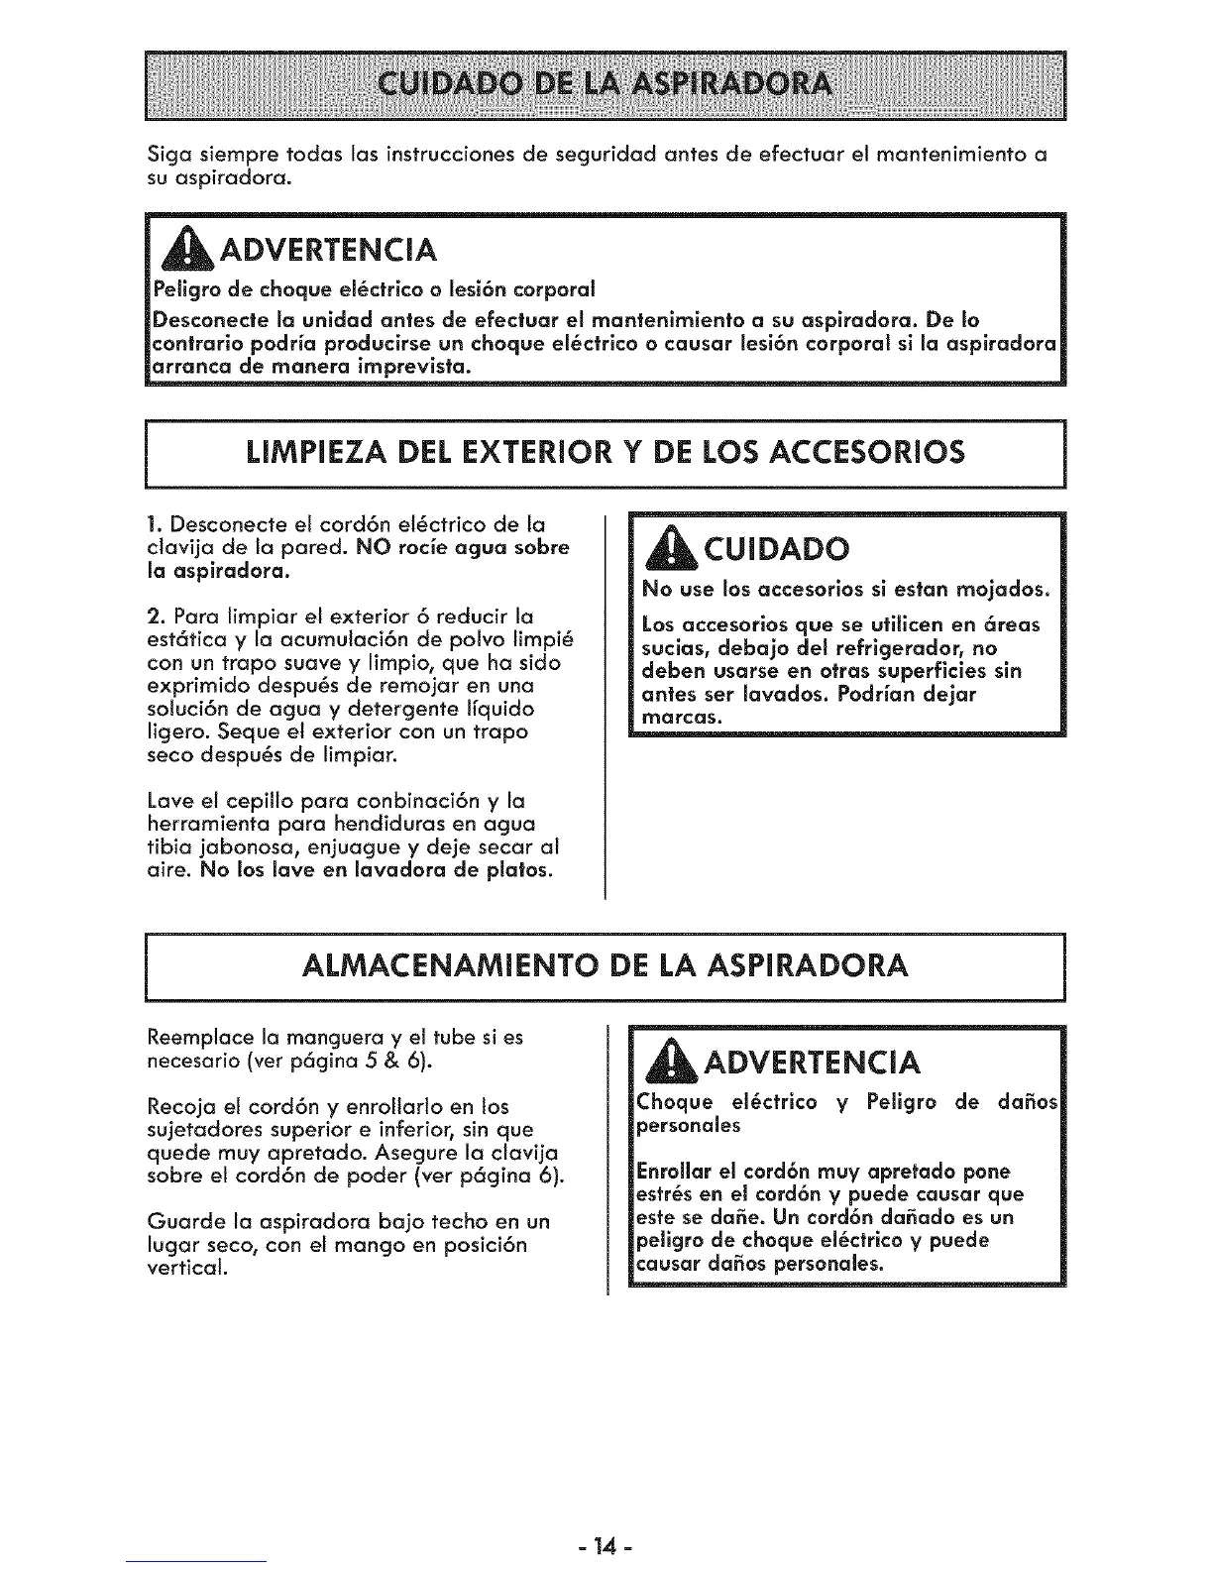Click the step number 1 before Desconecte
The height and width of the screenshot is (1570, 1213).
[151, 524]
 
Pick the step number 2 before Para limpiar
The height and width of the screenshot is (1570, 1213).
[152, 617]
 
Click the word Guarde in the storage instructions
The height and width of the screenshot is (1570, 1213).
[178, 1221]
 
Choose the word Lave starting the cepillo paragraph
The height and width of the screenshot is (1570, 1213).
[165, 801]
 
